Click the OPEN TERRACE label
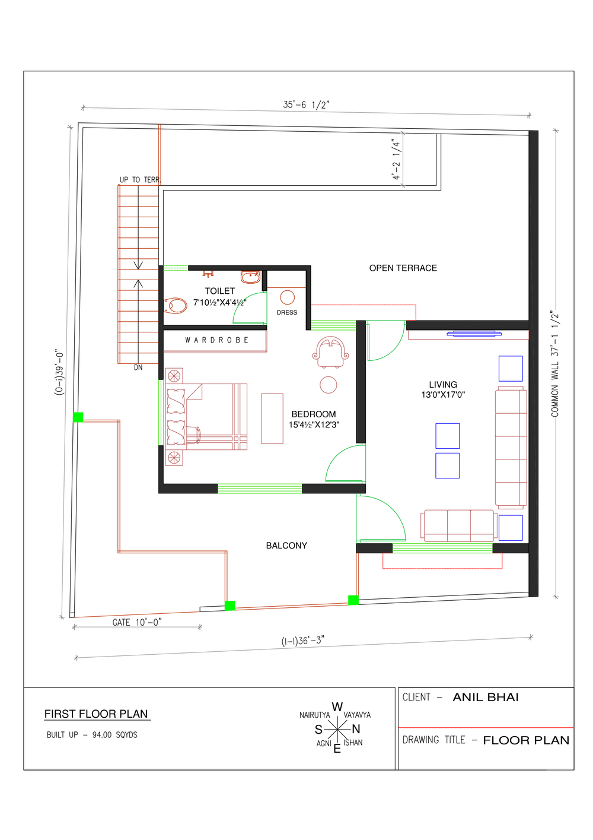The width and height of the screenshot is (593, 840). point(403,268)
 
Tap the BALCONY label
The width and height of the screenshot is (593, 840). point(286,546)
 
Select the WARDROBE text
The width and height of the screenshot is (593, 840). point(216,340)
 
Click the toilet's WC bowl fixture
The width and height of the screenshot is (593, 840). point(176,306)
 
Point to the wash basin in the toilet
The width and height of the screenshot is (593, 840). point(250,277)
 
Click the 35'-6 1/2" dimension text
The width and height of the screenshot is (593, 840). point(306,104)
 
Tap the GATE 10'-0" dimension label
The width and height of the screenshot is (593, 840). point(137,623)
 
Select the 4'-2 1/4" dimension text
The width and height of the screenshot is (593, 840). point(396,159)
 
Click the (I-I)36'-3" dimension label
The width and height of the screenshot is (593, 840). point(302,641)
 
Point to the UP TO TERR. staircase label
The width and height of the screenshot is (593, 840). point(140,180)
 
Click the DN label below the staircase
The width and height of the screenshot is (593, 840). point(138,368)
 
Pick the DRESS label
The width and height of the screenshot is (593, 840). point(287,312)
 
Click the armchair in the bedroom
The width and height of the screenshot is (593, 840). point(330,352)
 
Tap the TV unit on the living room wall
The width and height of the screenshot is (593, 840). point(474,333)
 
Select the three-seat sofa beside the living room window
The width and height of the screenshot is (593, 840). point(458,525)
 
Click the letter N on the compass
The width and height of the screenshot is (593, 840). point(356,729)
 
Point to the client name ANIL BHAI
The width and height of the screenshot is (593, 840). point(486,697)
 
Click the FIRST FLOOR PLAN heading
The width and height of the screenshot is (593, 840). point(96,714)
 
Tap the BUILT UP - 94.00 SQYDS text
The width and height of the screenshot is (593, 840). point(92,735)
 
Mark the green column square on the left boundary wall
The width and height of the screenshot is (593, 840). point(78,417)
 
